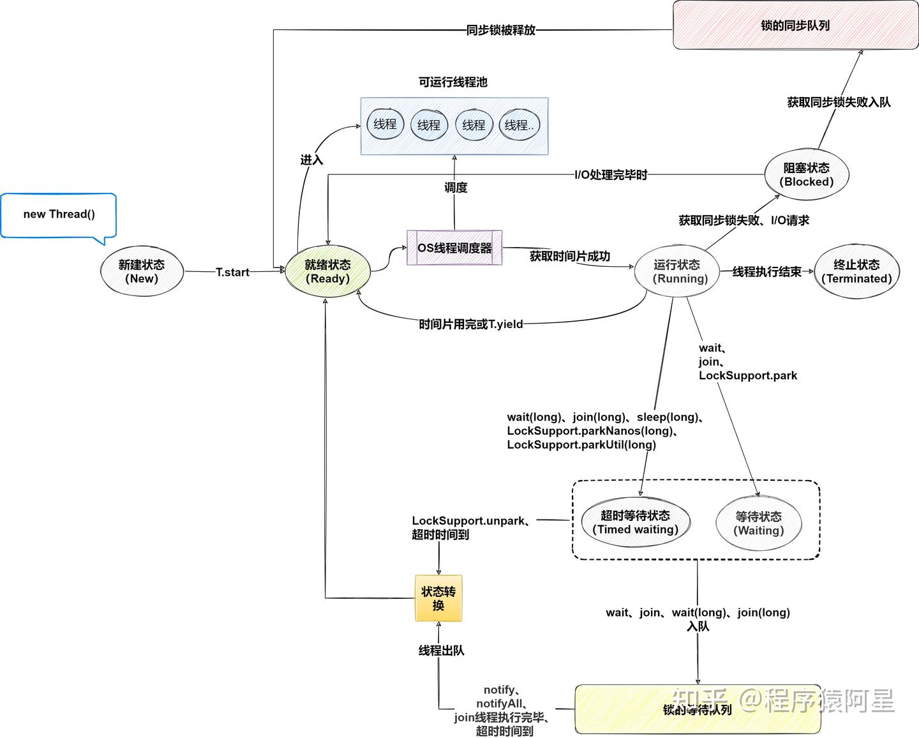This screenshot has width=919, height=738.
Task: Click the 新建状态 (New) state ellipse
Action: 142,271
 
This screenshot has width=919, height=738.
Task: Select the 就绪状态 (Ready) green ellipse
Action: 327,271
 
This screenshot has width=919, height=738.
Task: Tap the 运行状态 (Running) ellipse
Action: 676,271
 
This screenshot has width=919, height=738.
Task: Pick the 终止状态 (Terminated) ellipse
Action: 856,271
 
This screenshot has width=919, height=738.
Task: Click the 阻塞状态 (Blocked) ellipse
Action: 807,174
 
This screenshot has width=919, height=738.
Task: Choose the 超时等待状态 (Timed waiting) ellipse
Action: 635,522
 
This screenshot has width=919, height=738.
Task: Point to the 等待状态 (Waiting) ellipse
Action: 758,523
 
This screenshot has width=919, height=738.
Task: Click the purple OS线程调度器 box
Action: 454,248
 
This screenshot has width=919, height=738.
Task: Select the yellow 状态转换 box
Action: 438,598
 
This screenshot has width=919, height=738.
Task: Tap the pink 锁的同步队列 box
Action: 795,26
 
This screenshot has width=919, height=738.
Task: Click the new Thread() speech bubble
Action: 59,215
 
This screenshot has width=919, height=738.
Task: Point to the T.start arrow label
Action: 232,272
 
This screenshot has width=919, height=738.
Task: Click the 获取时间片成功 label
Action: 570,256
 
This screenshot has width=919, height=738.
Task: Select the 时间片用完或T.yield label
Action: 471,324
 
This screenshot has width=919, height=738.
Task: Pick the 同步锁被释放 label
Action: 501,30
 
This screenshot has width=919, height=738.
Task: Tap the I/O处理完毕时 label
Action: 611,174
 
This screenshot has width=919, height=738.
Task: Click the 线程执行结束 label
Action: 766,272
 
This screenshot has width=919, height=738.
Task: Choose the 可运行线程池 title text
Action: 453,82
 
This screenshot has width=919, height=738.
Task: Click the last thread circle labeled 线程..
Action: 519,125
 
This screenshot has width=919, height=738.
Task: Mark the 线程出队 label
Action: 441,651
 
